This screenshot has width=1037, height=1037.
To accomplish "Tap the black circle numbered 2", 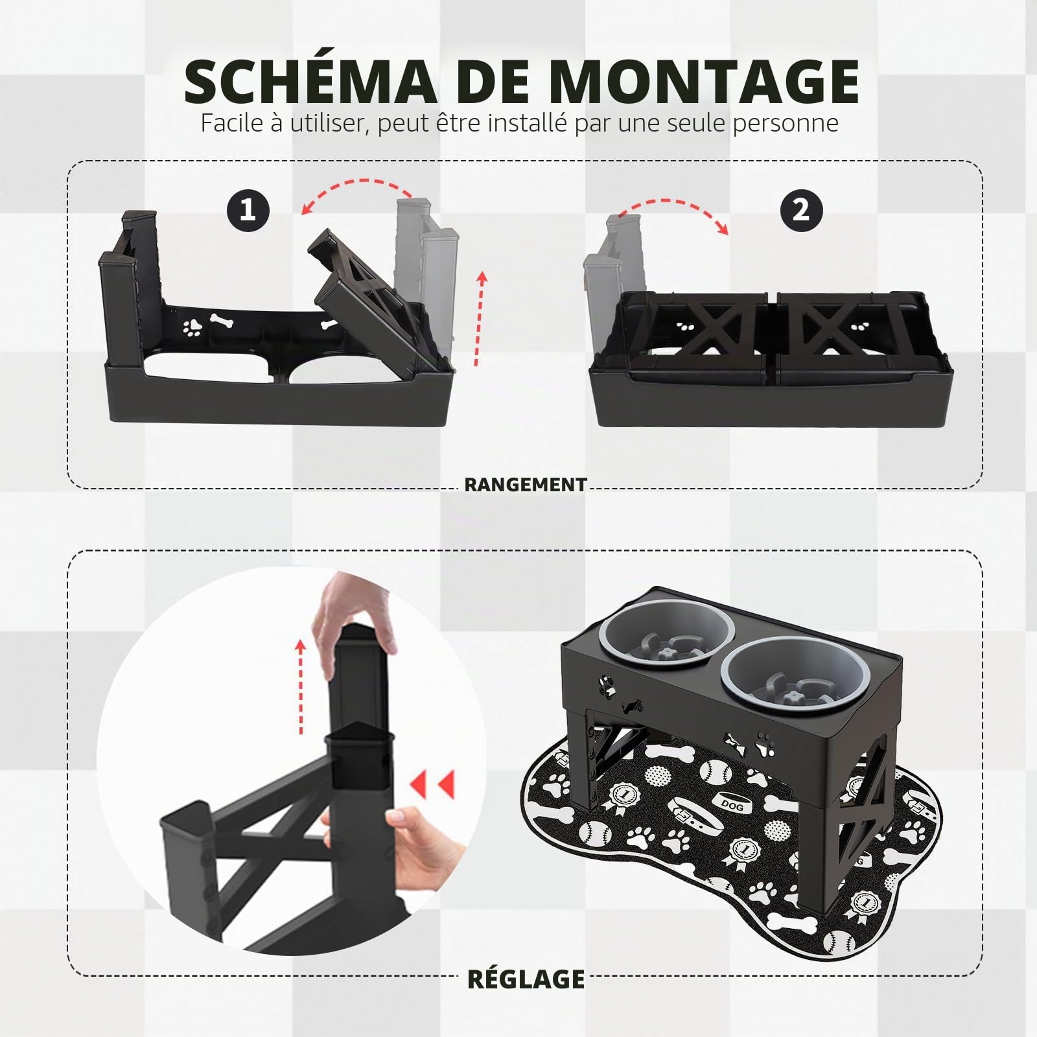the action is tap(801, 211).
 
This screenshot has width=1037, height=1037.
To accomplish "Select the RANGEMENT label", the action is tap(526, 484).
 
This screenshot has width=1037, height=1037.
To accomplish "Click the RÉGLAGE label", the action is tap(526, 978).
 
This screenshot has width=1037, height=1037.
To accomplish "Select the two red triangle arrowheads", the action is tap(432, 785).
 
